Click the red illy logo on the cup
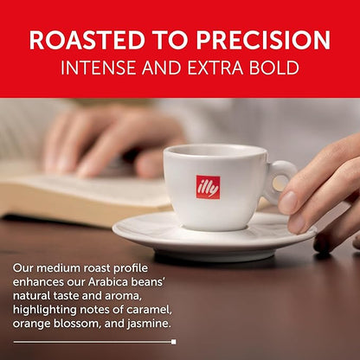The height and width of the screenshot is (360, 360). coord(208,187)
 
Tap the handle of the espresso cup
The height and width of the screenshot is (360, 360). coord(280,181)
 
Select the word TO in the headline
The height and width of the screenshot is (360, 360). coord(169,40)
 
